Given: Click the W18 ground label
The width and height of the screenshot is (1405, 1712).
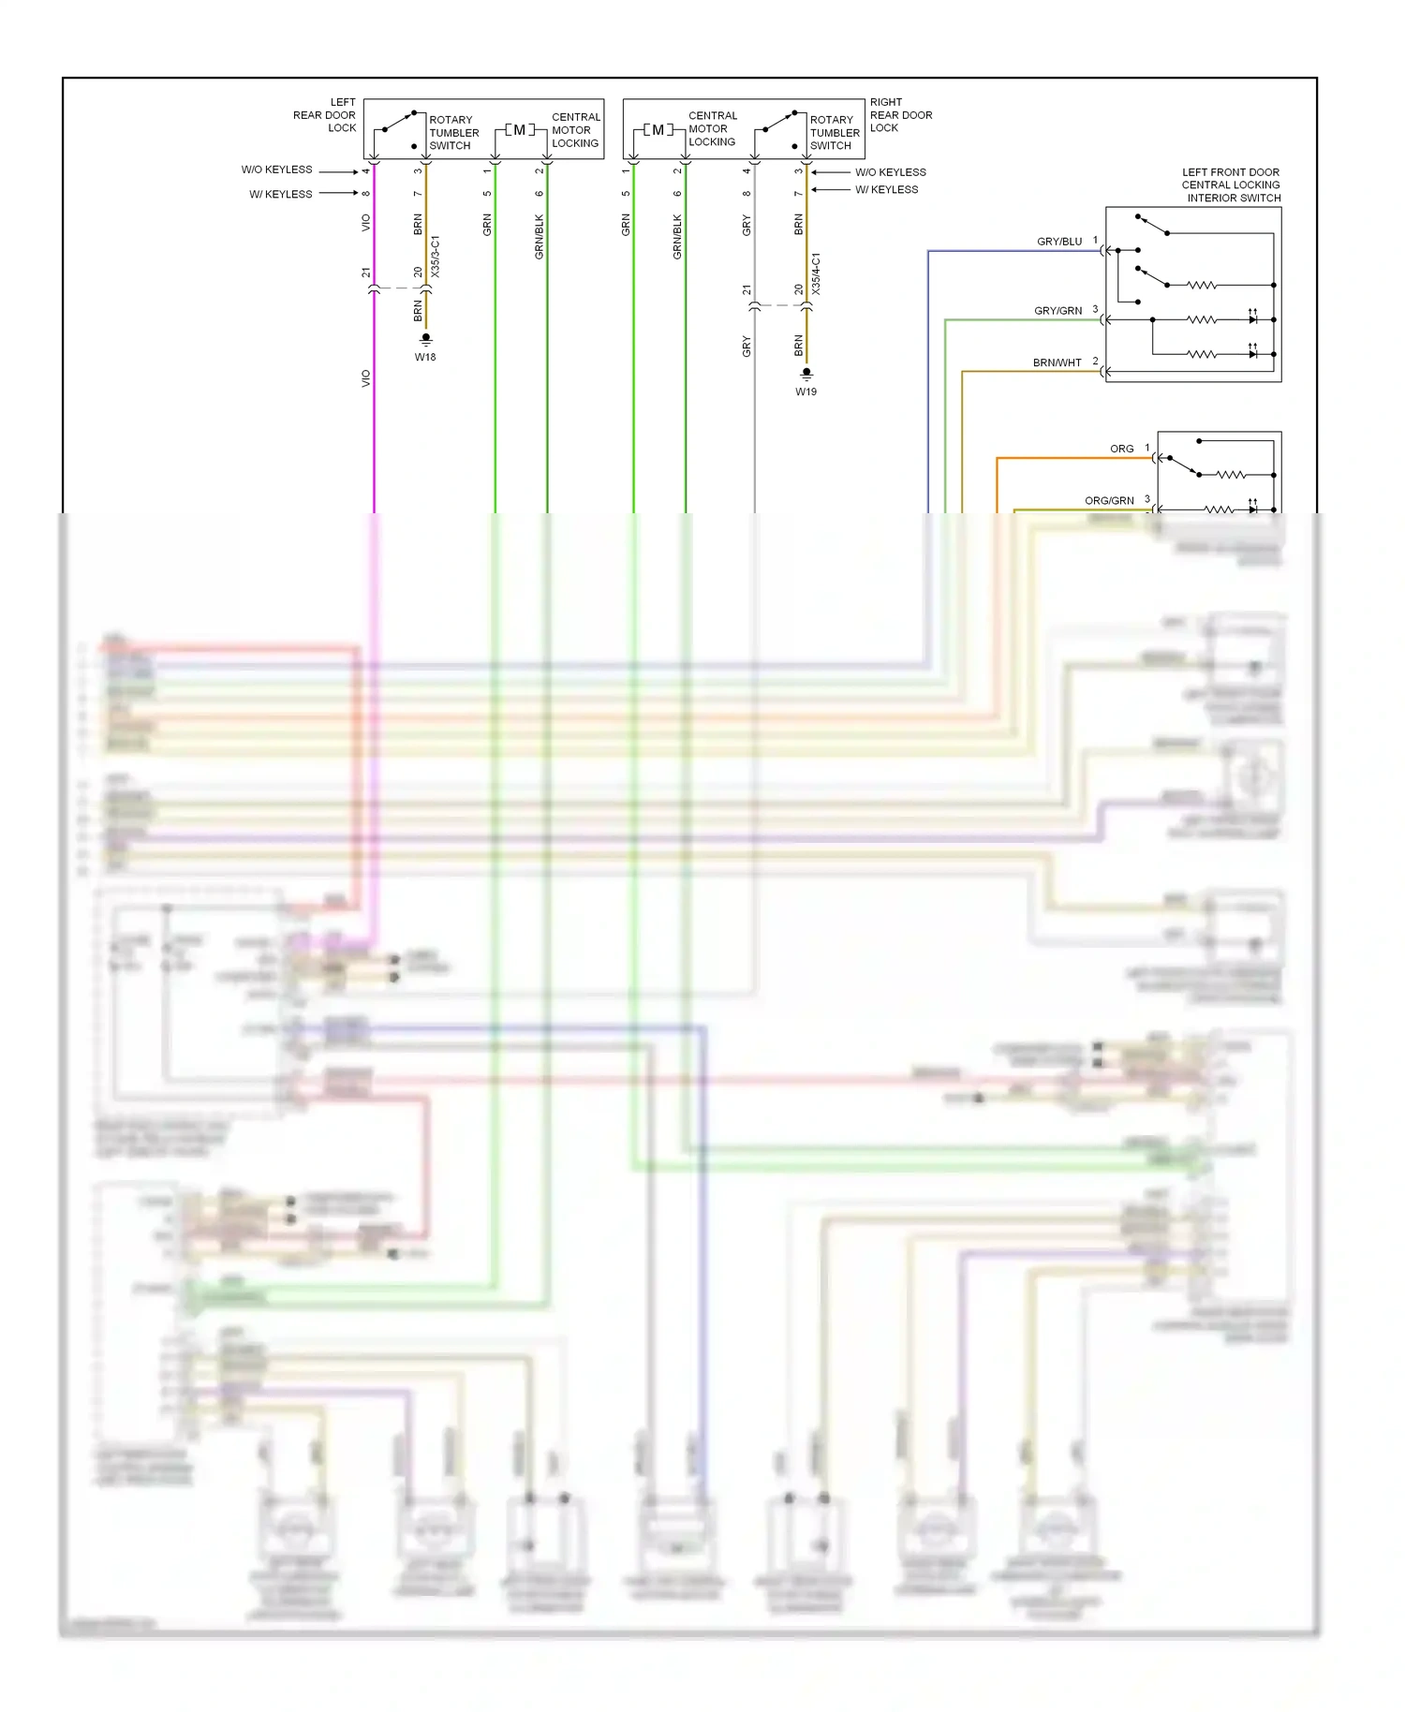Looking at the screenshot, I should (425, 357).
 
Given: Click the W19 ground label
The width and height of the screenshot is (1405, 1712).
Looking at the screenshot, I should (806, 391).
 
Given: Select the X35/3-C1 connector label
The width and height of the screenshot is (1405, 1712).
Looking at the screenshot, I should (436, 257).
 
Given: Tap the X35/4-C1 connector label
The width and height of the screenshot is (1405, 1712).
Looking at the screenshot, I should (816, 273).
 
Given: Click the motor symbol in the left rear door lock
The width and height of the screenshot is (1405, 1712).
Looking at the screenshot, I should (520, 130).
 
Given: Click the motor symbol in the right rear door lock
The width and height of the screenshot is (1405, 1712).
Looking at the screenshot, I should (658, 130).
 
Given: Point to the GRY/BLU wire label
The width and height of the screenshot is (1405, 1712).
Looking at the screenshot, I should (1058, 242).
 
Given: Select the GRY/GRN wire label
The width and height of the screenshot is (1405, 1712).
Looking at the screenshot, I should (1057, 311).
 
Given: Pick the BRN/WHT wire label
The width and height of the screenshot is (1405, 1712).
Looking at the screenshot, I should (1057, 362).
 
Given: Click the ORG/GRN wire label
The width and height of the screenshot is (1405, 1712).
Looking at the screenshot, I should (1109, 501).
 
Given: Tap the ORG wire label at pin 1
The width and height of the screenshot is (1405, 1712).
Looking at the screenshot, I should (1121, 449).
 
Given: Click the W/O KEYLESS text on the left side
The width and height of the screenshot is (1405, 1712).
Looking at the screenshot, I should (276, 170).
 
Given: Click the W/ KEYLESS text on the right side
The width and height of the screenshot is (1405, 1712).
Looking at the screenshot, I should (886, 189).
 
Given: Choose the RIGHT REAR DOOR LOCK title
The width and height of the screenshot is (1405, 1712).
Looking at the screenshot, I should (900, 115).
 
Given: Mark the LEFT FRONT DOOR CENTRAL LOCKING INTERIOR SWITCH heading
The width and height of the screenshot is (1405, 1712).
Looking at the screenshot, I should (1231, 184).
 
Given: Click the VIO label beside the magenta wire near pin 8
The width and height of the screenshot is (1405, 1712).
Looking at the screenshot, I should (366, 223).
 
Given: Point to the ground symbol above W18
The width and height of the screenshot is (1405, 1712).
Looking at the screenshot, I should (425, 338).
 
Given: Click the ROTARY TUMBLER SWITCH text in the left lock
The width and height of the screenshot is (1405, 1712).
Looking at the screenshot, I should (453, 132).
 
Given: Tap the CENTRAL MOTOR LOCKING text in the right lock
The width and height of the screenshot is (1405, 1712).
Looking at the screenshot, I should (712, 128).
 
